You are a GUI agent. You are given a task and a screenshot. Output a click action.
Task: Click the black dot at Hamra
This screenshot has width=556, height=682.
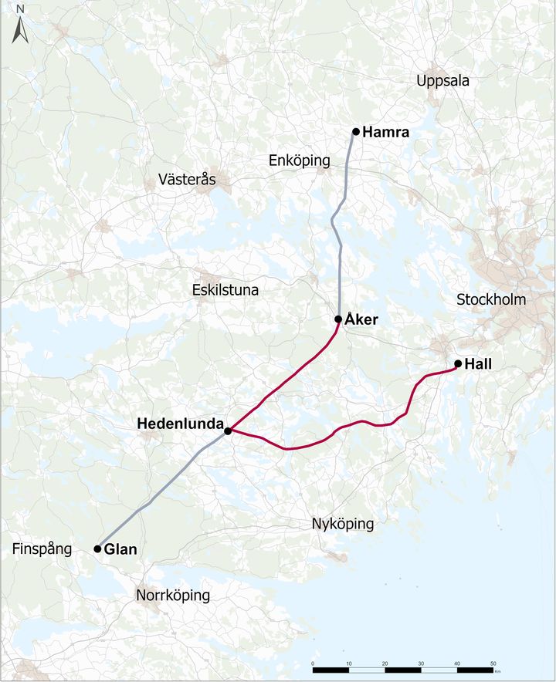click(356, 132)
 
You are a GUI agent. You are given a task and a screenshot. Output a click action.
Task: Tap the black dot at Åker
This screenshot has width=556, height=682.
click(338, 319)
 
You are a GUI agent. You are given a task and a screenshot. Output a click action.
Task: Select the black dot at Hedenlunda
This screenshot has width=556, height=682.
click(228, 430)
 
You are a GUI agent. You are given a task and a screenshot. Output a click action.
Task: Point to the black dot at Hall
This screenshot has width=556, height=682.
click(458, 363)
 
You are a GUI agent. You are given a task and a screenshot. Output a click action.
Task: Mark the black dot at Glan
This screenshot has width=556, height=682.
click(97, 549)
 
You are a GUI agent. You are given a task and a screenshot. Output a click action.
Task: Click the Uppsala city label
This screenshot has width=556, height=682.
click(442, 81)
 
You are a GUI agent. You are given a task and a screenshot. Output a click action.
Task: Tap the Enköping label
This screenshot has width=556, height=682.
click(299, 160)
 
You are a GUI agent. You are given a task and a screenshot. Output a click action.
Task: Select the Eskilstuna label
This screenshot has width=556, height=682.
click(225, 291)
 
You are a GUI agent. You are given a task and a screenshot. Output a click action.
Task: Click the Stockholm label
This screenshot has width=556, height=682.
click(491, 299)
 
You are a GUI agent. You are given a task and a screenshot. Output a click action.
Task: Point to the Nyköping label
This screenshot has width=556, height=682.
click(343, 525)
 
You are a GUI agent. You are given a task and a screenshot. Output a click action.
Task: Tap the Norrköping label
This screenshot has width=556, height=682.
click(173, 596)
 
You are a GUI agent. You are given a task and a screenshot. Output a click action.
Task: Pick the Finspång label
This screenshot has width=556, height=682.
click(42, 549)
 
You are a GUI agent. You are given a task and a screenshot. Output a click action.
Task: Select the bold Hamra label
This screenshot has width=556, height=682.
click(385, 133)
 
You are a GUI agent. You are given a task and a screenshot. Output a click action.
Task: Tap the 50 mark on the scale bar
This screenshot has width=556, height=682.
click(493, 663)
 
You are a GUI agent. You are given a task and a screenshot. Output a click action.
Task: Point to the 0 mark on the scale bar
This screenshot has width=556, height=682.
click(313, 663)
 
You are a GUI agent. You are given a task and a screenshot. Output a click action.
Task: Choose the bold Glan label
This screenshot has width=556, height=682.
click(120, 550)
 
